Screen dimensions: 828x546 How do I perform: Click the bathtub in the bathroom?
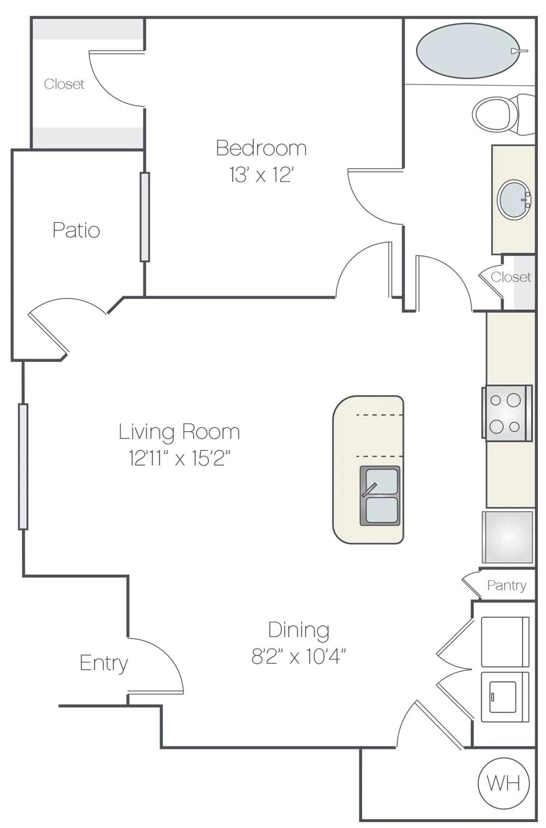click(468, 51)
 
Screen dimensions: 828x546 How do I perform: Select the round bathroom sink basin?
click(514, 200)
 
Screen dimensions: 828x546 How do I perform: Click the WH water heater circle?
click(503, 783)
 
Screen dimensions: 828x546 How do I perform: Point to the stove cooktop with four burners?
click(506, 413)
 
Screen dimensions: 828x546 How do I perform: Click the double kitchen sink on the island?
click(380, 496)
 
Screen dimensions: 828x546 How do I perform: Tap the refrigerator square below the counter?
click(507, 537)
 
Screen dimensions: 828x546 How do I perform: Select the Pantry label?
click(507, 585)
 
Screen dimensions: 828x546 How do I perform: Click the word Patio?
click(76, 230)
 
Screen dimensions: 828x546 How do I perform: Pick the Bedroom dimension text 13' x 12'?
click(262, 175)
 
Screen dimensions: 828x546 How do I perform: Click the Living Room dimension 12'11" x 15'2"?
click(179, 458)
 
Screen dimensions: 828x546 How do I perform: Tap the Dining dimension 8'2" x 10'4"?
click(299, 656)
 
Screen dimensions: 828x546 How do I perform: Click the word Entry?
click(104, 663)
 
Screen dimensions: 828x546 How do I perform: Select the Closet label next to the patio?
click(64, 84)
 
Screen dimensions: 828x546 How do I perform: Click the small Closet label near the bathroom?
click(511, 277)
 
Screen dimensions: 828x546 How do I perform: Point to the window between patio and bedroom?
click(145, 217)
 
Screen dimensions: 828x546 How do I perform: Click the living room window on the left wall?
click(23, 466)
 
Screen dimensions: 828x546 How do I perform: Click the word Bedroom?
click(261, 148)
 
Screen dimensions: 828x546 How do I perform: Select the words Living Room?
click(179, 431)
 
